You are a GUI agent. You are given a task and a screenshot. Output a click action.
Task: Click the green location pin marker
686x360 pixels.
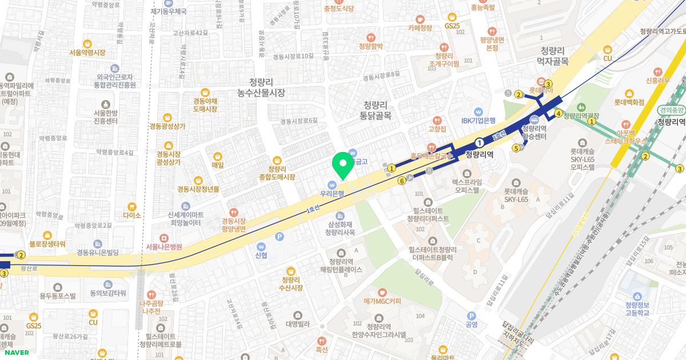[343, 165]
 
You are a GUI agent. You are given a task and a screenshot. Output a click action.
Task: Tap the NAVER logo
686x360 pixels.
[14, 352]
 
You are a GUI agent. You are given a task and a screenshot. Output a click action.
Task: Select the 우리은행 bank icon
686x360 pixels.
[332, 184]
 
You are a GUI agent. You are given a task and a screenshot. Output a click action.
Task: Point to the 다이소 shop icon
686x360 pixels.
[131, 206]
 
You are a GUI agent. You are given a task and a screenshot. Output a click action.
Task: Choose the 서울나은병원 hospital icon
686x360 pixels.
[163, 238]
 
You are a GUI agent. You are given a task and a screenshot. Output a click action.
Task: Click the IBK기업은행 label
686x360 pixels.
[478, 121]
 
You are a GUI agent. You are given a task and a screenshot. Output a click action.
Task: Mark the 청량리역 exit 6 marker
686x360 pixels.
[402, 181]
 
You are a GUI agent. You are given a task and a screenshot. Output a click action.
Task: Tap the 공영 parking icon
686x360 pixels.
[472, 324]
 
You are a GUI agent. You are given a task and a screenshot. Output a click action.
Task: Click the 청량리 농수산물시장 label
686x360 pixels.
[261, 87]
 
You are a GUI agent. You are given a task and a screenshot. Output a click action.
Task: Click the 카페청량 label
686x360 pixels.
[420, 27]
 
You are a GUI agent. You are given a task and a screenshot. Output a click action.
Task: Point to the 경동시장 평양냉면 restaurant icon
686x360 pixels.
[233, 213]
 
